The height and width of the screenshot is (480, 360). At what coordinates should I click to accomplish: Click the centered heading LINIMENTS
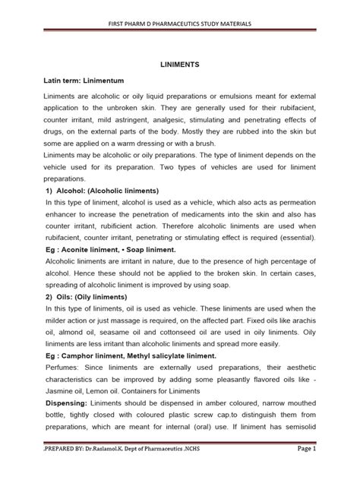click(x=179, y=66)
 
